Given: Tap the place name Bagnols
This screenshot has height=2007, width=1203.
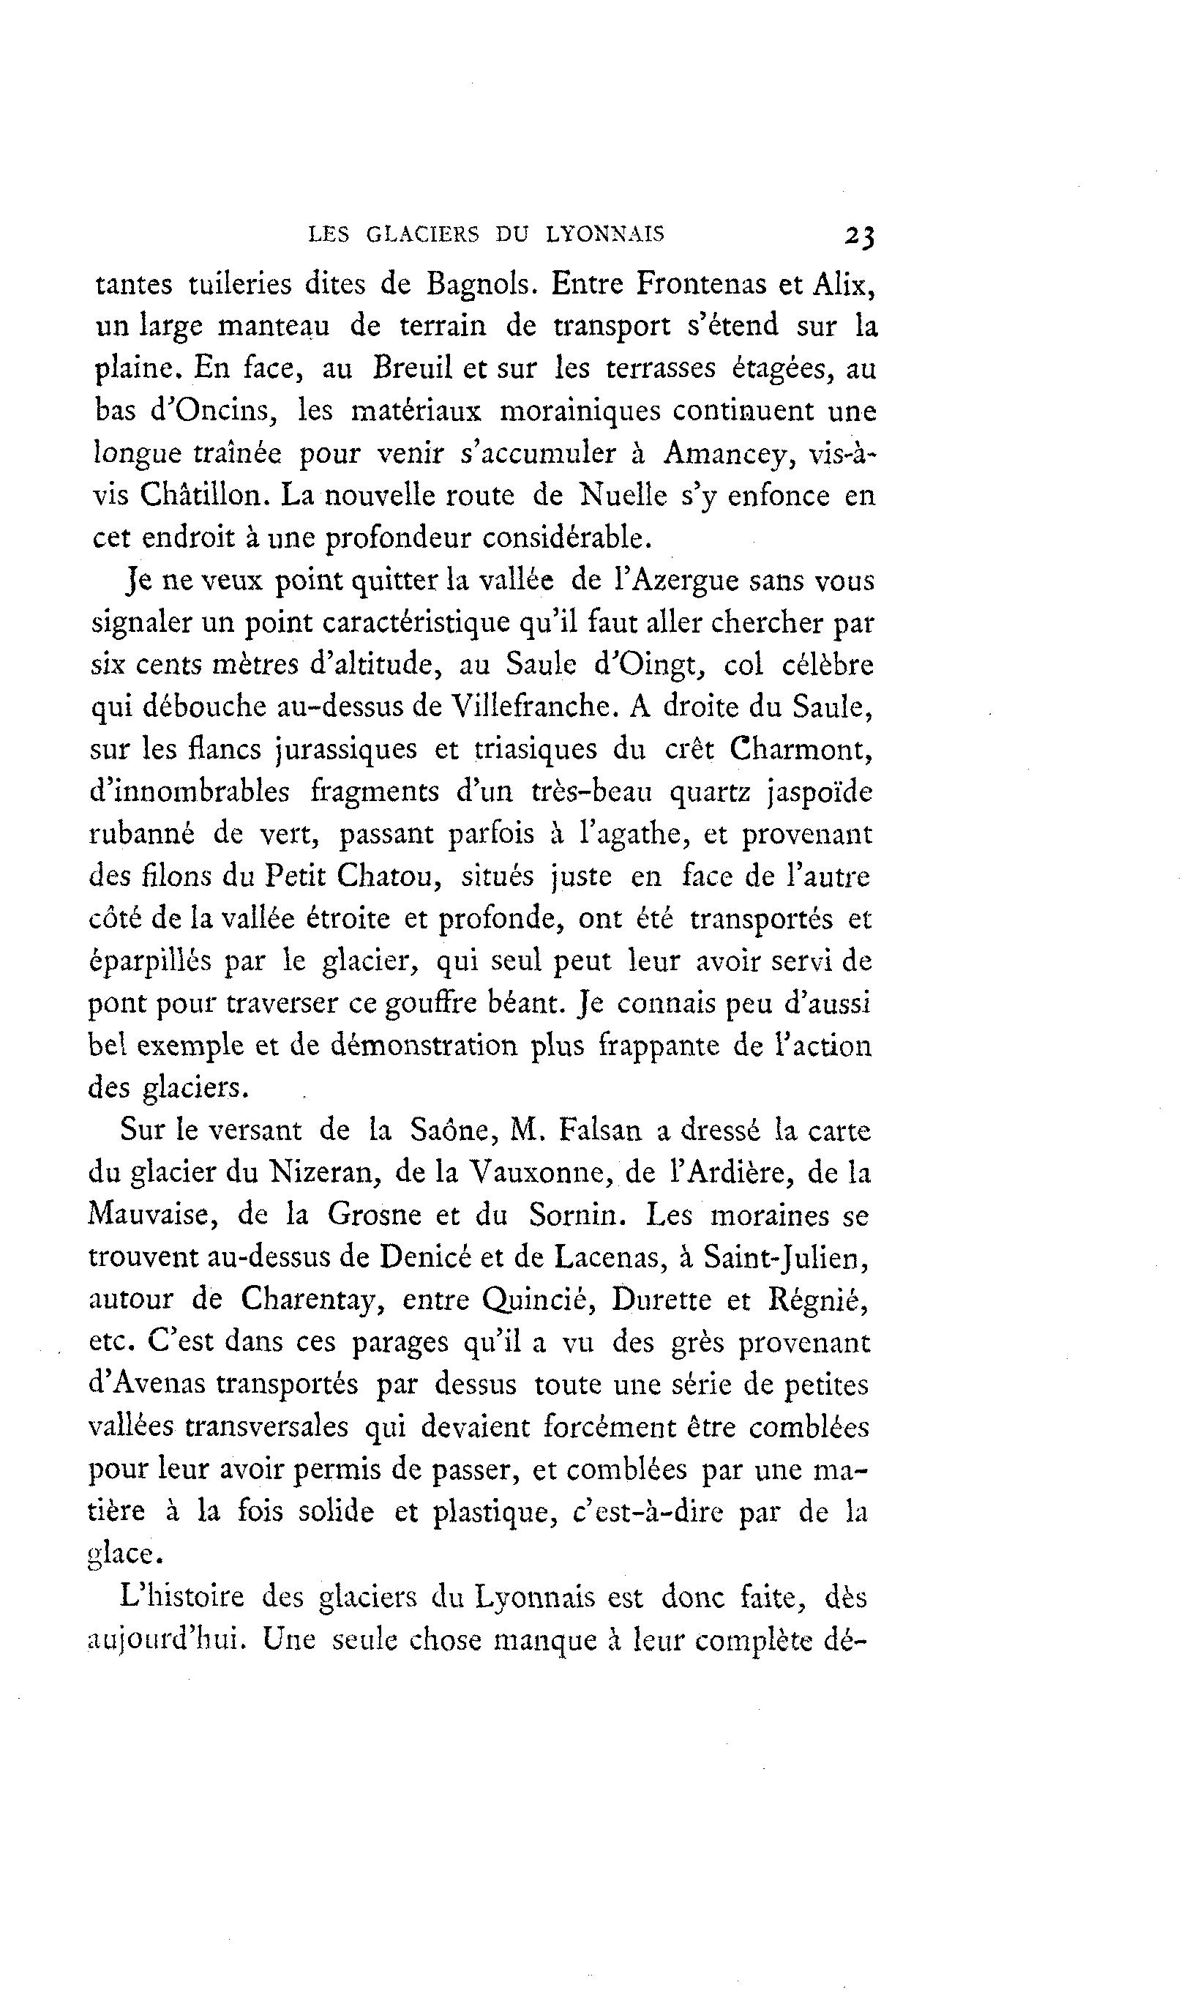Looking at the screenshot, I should point(479,285).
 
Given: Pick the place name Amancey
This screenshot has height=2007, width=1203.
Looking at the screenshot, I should point(724,453).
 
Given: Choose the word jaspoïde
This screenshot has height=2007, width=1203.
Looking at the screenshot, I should point(819,792).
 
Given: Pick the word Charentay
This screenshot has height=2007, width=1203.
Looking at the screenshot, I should point(310,1299).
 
